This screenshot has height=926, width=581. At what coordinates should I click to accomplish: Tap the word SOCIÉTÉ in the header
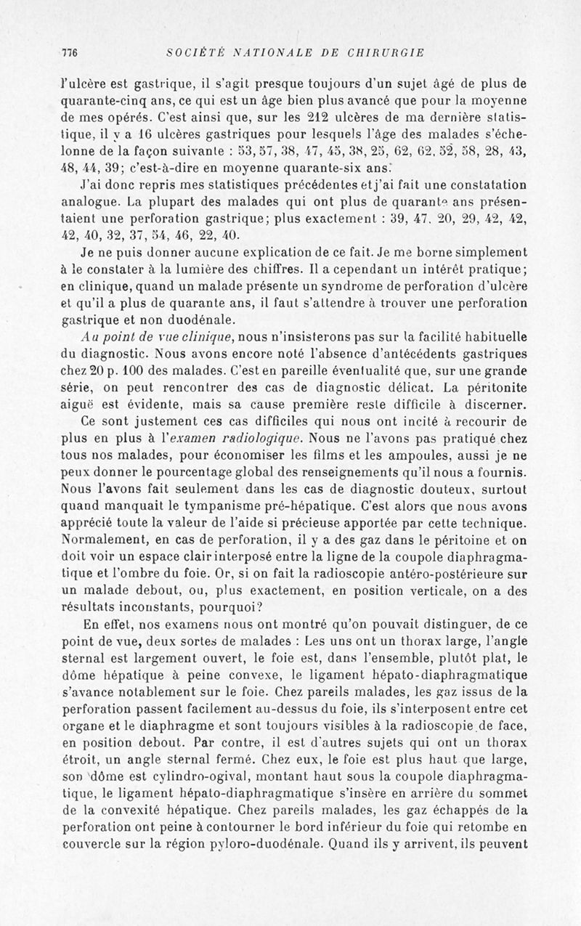point(190,52)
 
